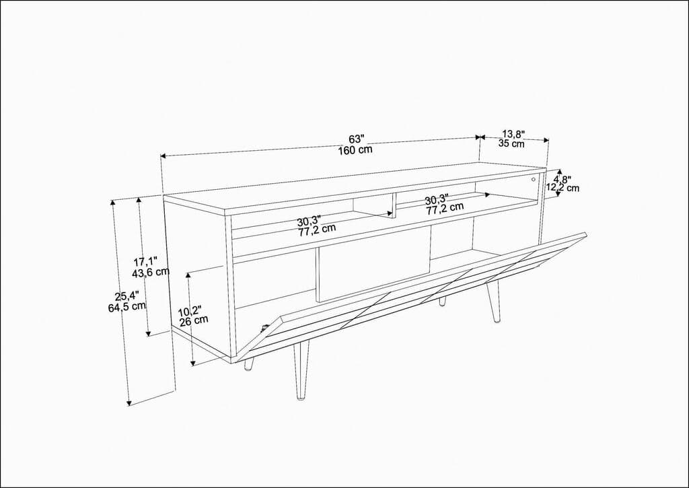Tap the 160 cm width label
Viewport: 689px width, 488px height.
click(x=356, y=149)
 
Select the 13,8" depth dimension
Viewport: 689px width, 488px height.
click(x=513, y=134)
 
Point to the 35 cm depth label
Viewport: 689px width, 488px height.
click(x=511, y=143)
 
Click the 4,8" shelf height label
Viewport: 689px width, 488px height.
click(x=562, y=180)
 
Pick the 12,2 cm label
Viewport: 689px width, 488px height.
click(x=562, y=188)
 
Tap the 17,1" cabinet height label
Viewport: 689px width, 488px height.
click(x=145, y=261)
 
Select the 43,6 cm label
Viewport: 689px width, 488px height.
click(x=151, y=272)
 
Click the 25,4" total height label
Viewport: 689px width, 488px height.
click(x=126, y=295)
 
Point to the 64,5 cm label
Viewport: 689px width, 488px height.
click(x=127, y=307)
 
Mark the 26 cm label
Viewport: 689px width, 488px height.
click(x=194, y=321)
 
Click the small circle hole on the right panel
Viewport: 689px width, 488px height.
click(x=533, y=180)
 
